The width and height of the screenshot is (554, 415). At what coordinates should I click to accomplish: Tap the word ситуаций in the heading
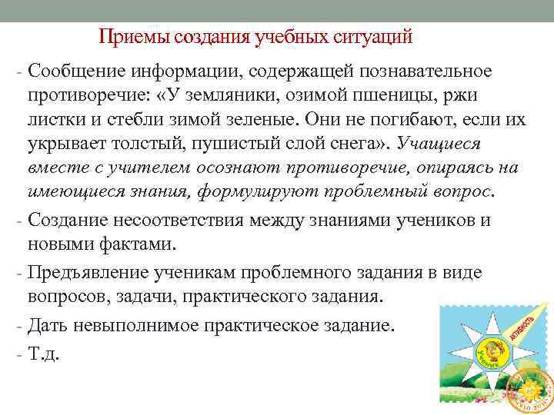375,37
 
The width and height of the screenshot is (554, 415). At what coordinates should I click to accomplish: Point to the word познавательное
426,71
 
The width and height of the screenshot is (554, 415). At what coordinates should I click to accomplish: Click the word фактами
135,244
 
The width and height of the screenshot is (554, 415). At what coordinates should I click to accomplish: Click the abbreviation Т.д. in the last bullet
43,354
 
